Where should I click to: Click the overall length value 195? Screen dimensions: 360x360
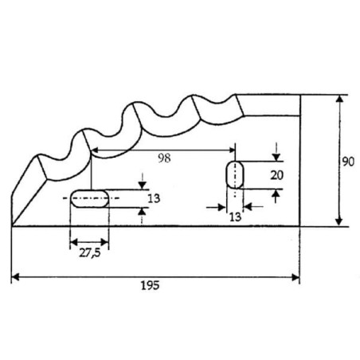pos(150,286)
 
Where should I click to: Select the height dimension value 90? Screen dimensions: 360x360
pos(348,162)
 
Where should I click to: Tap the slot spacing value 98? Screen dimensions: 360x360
pos(164,158)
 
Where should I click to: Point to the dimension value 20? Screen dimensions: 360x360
pos(277,175)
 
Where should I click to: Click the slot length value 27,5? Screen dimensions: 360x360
pos(90,253)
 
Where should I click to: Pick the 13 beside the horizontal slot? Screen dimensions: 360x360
pos(154,198)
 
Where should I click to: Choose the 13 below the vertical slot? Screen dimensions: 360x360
pos(235,217)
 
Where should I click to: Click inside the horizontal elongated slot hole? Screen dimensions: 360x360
pos(90,198)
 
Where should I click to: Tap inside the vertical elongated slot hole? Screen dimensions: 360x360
pos(235,174)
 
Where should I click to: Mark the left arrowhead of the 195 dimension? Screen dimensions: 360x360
pos(16,277)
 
